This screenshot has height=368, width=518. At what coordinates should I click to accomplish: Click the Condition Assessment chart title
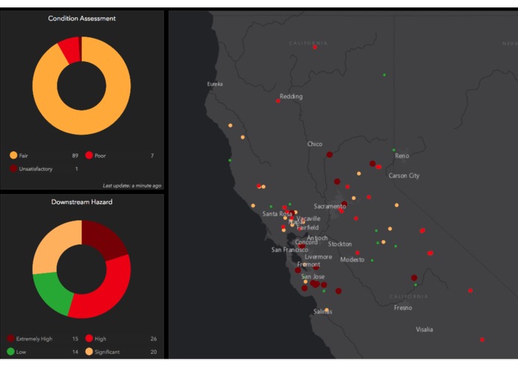point(81,18)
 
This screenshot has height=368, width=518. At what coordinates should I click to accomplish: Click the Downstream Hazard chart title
point(81,202)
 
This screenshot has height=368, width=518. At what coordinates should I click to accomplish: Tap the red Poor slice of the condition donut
point(70,50)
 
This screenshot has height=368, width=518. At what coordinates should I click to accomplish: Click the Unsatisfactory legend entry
point(35,169)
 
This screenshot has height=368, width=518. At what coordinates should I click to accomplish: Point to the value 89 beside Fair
point(75,156)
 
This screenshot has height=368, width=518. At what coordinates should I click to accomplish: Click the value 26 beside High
point(153,338)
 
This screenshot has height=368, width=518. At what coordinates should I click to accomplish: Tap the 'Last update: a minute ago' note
point(131,185)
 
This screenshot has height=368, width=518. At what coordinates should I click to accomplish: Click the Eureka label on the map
point(215,84)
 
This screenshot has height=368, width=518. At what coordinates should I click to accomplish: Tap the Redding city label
point(291,97)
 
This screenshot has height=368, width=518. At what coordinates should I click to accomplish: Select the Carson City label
point(404,176)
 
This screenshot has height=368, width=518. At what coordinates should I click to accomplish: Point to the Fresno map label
point(402,308)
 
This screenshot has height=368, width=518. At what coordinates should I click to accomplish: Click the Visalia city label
point(424,329)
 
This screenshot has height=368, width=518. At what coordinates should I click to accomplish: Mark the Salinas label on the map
point(323,312)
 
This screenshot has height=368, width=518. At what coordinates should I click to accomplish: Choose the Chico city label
point(315,144)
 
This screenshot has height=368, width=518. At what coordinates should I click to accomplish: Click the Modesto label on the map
point(352,260)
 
